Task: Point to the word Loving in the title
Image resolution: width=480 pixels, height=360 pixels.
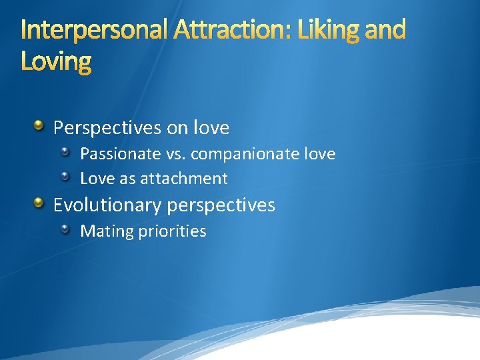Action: coord(56,62)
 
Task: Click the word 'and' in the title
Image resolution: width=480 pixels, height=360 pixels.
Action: coord(385,30)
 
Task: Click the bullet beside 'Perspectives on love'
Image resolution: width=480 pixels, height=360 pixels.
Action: coord(39,125)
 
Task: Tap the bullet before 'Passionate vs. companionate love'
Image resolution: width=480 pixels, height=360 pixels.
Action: coord(65,153)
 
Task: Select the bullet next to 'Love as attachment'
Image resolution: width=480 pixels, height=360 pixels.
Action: coord(65,177)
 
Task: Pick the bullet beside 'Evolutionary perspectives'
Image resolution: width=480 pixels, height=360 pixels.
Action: coord(39,203)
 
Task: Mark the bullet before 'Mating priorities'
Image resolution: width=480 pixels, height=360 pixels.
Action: coord(65,230)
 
